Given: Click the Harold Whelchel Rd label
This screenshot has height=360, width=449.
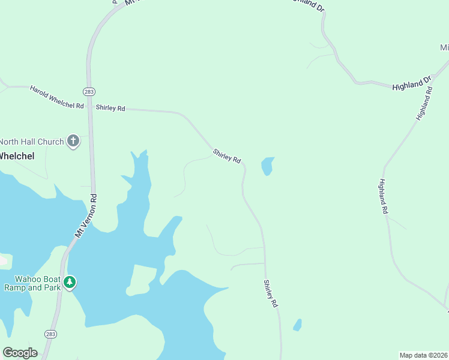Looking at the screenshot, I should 56,97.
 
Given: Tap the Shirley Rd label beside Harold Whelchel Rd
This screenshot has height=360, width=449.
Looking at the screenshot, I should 110,108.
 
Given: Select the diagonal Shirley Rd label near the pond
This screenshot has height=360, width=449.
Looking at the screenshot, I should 227,157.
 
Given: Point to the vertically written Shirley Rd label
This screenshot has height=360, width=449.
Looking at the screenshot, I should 271,294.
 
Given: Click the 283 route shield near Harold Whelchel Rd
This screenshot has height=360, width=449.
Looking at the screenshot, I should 89,91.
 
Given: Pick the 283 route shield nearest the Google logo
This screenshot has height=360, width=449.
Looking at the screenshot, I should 50,333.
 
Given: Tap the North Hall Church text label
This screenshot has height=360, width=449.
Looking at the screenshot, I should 31,142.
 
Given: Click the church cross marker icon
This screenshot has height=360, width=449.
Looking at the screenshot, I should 73,142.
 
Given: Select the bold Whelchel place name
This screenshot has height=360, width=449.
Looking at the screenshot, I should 16,156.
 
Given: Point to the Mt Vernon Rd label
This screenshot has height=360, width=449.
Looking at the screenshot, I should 85,215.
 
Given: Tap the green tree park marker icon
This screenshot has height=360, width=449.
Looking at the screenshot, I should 70,282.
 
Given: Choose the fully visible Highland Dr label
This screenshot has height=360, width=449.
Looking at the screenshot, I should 412,83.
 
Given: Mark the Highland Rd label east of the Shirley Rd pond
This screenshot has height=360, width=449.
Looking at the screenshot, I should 384,197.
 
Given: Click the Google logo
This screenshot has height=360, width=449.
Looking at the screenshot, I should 20,353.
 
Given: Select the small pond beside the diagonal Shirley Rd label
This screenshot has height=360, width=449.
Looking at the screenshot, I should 267,166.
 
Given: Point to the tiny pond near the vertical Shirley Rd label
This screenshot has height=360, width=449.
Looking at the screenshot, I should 297,325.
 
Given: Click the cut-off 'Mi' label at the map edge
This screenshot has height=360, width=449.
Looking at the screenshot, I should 444,47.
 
